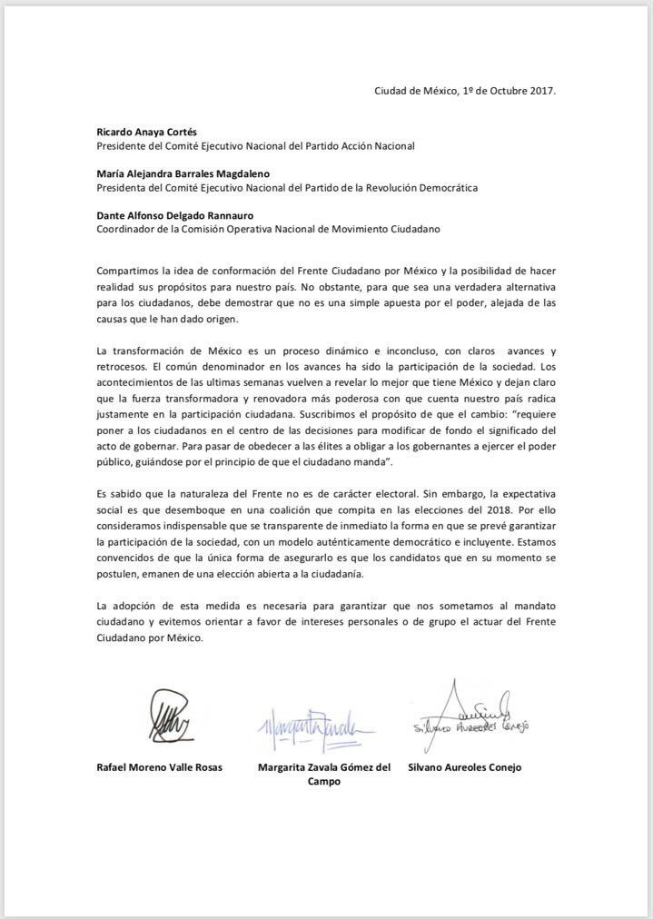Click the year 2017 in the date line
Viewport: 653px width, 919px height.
coord(540,92)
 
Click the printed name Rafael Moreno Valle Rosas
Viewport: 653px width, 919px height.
coord(160,767)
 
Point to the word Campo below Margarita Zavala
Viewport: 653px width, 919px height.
coord(324,782)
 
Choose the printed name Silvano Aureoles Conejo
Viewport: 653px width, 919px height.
coord(467,767)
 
